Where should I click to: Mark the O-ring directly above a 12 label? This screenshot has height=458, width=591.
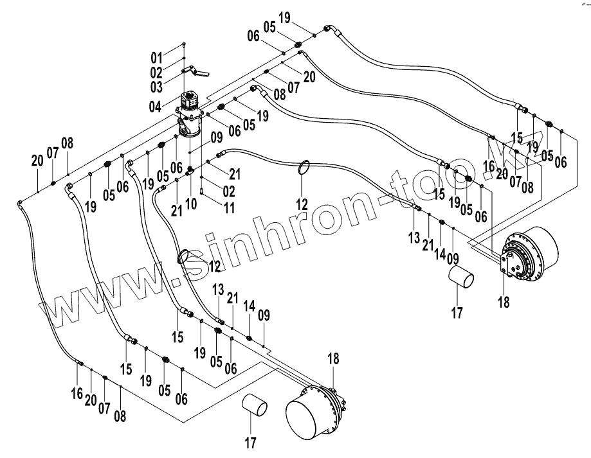point(306,168)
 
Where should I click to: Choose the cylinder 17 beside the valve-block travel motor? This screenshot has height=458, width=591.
point(461,281)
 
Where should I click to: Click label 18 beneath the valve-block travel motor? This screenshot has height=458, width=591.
point(504,301)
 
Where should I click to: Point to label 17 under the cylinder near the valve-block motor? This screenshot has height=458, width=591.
point(457,313)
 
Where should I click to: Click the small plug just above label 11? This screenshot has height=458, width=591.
point(201,190)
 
